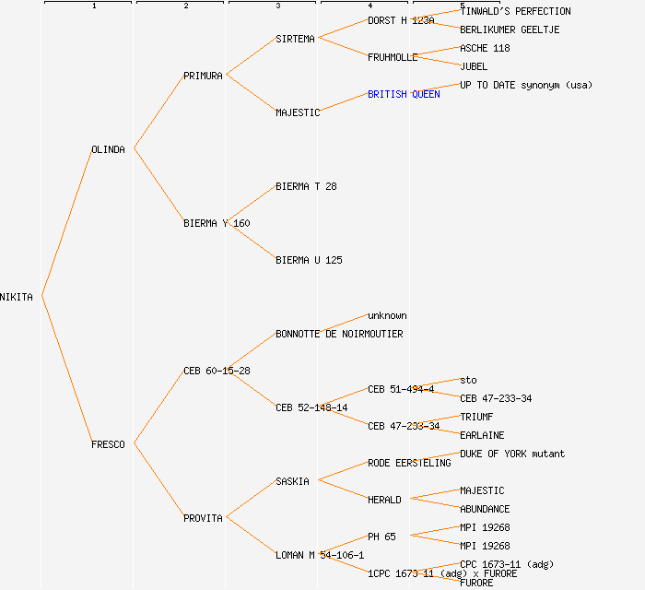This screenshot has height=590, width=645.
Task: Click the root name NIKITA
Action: click(17, 297)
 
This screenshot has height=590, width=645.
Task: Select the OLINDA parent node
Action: click(108, 149)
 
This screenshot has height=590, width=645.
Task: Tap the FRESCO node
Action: click(108, 444)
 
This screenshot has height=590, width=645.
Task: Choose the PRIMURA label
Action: click(203, 76)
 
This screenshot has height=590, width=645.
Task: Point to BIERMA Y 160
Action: click(217, 223)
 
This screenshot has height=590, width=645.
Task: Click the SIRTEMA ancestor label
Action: click(295, 39)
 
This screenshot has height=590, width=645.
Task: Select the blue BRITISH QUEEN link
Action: click(404, 94)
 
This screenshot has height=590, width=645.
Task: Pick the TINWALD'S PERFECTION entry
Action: click(515, 11)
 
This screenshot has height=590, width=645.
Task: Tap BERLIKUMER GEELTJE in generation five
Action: click(510, 29)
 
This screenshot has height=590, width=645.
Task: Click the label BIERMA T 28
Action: click(306, 186)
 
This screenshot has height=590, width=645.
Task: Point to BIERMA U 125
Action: click(309, 260)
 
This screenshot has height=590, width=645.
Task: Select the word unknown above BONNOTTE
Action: click(387, 315)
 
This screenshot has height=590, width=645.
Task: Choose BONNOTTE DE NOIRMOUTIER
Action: click(339, 334)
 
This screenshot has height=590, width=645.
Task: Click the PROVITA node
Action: click(203, 518)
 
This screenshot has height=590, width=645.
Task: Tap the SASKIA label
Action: click(292, 481)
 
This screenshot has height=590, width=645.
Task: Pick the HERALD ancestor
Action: click(384, 500)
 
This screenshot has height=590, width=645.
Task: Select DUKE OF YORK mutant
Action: click(512, 454)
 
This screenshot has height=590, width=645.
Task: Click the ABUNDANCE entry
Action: click(485, 509)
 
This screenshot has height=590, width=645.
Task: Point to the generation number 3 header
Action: click(277, 6)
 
